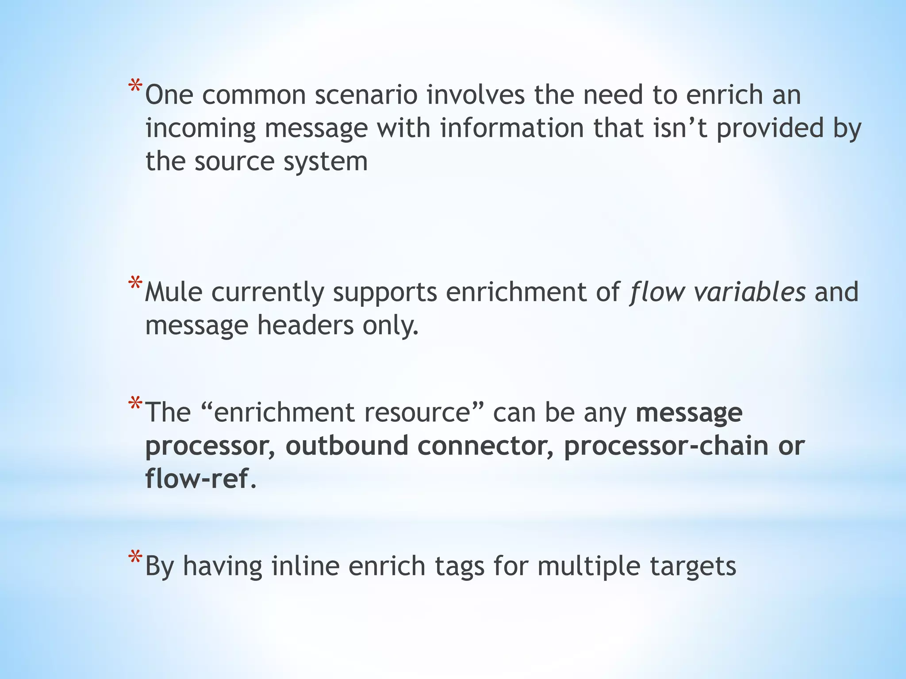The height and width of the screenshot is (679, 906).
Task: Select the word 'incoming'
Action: point(200,129)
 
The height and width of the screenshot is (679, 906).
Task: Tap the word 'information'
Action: point(512,128)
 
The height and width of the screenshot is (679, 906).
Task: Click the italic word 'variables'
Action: point(749,292)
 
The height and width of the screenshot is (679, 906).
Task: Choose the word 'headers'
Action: point(305,325)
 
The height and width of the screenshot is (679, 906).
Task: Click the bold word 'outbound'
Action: point(346,446)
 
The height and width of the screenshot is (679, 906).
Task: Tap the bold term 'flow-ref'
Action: point(197,478)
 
